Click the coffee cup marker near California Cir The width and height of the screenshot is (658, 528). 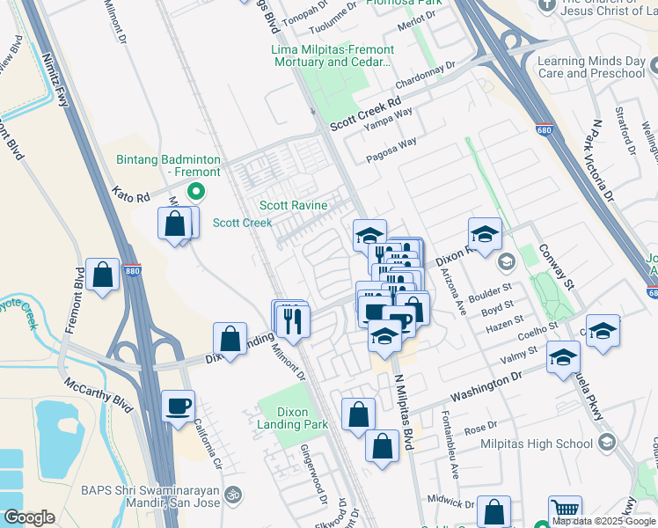tap(179, 406)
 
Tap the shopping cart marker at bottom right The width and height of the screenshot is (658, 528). tap(565, 510)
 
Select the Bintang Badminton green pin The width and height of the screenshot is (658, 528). tap(198, 190)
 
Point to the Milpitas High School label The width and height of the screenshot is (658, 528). tap(536, 444)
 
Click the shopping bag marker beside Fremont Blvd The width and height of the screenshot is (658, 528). tap(103, 275)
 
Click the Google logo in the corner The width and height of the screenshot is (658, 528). tap(28, 517)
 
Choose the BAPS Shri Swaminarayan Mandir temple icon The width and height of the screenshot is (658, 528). tap(232, 495)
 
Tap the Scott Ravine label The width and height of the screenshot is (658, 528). tap(294, 206)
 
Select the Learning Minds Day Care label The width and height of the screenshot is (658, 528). tap(591, 68)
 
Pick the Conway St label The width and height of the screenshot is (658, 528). tap(556, 267)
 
